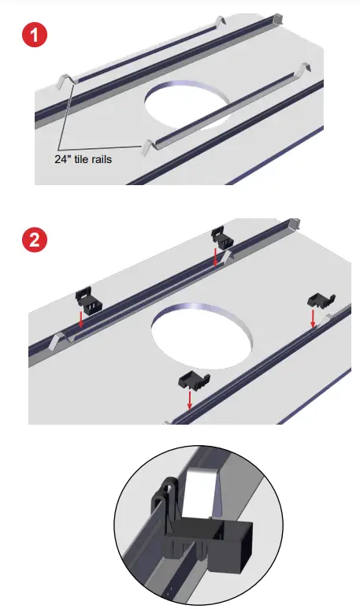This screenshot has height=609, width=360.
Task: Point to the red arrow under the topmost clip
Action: click(x=216, y=256)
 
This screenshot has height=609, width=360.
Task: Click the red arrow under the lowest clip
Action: click(x=190, y=401)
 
